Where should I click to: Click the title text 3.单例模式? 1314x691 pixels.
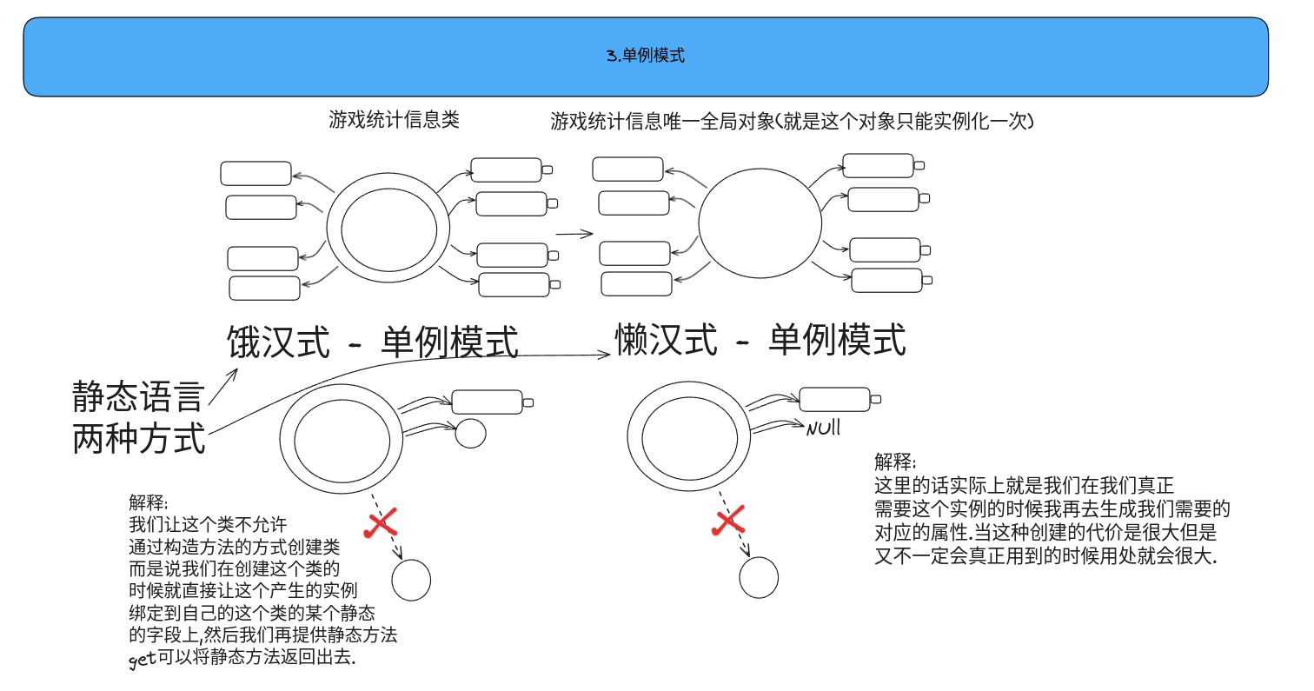pos(646,56)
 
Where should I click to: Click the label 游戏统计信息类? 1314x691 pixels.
pos(394,120)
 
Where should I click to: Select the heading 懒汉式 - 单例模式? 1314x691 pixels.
pos(760,340)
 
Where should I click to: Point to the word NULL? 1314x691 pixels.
pos(823,428)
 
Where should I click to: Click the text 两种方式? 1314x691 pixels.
pos(139,438)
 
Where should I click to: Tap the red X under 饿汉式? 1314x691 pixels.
pos(381,524)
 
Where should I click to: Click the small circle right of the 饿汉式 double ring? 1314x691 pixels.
pos(470,433)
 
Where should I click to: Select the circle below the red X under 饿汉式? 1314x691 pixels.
pos(411,580)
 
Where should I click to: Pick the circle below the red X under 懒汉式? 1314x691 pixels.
pos(759,578)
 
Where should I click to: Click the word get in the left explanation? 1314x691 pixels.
pos(142,660)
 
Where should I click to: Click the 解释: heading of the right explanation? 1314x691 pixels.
pos(895,462)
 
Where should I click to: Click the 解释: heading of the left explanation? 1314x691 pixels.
pos(149,502)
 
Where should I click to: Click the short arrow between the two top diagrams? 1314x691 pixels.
pos(574,233)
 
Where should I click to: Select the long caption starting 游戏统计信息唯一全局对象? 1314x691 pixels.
pos(792,122)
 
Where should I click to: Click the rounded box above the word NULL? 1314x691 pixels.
pos(833,399)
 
